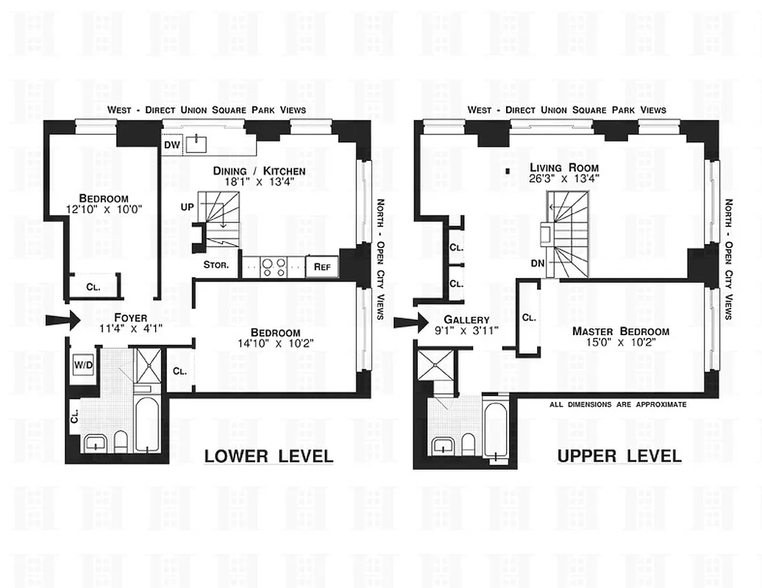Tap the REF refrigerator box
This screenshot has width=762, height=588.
click(322, 267)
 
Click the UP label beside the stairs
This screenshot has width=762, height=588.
click(187, 207)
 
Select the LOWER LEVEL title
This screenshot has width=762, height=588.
click(268, 456)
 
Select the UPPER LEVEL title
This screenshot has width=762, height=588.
click(619, 456)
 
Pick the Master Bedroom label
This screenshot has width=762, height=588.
click(620, 331)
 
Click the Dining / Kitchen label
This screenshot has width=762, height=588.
click(259, 171)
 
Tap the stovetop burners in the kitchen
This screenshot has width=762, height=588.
click(274, 267)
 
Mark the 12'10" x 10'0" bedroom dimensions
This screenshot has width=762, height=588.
click(104, 209)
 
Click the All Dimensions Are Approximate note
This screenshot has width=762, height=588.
click(618, 404)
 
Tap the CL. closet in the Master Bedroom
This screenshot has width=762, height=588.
click(529, 318)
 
